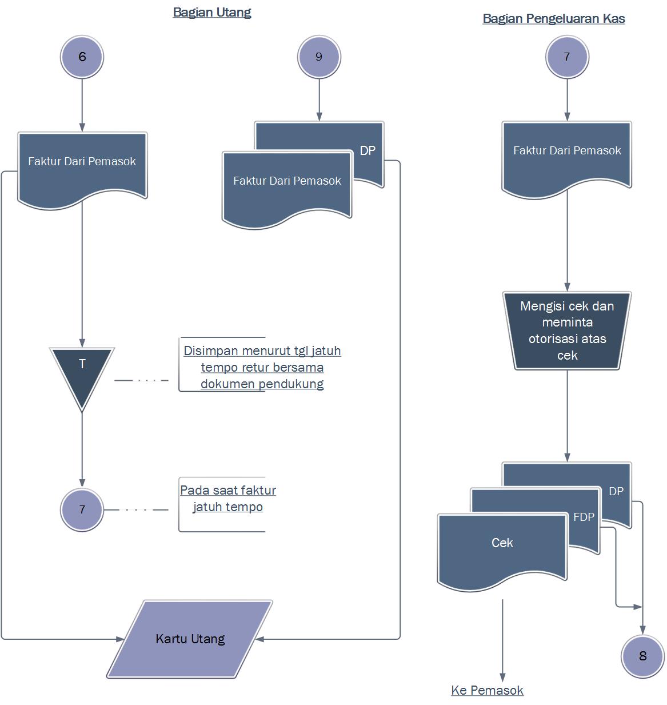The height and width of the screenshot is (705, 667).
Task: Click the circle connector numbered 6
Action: coord(82,57)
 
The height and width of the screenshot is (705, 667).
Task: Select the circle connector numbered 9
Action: coord(319,57)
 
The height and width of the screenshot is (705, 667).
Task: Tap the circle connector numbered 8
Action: coord(642,656)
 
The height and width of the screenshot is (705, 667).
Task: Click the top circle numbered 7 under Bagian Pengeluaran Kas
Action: coord(567,57)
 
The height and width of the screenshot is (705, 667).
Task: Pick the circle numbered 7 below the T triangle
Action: coord(82,509)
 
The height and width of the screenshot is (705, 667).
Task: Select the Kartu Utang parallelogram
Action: coord(190,639)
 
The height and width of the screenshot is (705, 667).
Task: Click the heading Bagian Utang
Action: coord(211,12)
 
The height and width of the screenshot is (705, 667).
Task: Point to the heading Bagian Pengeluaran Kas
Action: coord(553,18)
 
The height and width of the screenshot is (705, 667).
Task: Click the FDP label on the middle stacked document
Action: coord(584,517)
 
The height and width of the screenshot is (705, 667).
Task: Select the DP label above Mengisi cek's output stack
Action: coord(616,491)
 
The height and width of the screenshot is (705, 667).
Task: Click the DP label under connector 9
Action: coord(368,150)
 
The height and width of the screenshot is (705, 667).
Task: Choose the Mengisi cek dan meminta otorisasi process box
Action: coord(567,330)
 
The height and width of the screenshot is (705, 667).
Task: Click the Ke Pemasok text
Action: coord(487,690)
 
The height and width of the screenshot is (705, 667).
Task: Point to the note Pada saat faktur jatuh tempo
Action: coord(228,499)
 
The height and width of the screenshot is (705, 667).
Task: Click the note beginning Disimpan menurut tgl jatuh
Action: coord(262,367)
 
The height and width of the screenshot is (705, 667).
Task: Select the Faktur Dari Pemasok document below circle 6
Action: coord(82,166)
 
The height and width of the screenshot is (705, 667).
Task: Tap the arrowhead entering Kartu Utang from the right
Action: coord(259,639)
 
